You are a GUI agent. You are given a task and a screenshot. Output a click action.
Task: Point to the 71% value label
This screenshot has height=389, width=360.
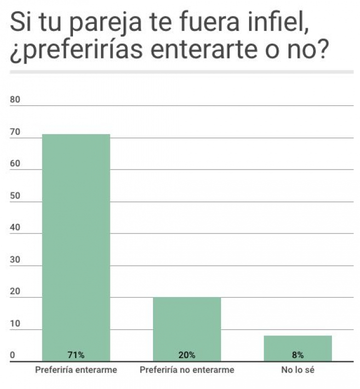pos(76,355)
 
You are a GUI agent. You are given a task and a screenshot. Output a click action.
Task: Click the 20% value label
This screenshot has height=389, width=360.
pos(186,355)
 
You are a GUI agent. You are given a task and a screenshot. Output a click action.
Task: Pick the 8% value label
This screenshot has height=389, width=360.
pos(298,355)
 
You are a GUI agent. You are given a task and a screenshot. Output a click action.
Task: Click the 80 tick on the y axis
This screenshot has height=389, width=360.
pos(15,100)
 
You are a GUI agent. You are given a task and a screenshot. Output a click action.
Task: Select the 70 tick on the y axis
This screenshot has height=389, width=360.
pos(15,132)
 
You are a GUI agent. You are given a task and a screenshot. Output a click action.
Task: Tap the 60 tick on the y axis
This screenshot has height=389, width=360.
pos(15,164)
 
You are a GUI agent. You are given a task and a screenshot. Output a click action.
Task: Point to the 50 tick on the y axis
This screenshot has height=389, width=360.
pos(15,196)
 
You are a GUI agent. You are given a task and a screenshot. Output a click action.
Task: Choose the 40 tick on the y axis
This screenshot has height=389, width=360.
pos(15,228)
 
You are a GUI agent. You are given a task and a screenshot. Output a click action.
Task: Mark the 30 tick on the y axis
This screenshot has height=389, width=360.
pos(15,260)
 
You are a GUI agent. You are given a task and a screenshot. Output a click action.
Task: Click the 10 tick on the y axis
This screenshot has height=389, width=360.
pos(15,324)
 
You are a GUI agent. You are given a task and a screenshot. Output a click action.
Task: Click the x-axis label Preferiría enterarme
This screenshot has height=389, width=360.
pos(76,370)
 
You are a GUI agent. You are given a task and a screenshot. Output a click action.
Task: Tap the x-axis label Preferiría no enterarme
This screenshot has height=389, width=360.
pos(187,370)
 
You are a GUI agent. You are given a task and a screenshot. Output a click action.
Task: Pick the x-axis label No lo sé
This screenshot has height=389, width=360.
pos(298,370)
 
